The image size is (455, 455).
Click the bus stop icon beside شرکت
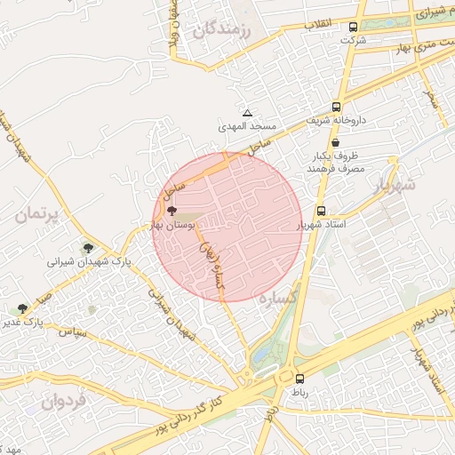click(354, 28)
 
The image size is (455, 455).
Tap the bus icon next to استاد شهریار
click(321, 212)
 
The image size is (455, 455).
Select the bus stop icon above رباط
click(299, 377)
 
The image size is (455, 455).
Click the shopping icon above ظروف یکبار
click(335, 142)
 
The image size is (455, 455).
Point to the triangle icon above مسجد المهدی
click(247, 114)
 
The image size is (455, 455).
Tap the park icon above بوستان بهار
click(172, 212)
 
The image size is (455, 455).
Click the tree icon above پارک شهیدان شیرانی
click(87, 248)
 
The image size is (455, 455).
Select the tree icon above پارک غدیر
click(21, 308)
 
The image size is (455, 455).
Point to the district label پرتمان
click(41, 214)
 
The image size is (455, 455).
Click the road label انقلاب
click(319, 24)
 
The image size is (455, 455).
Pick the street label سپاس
click(71, 332)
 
